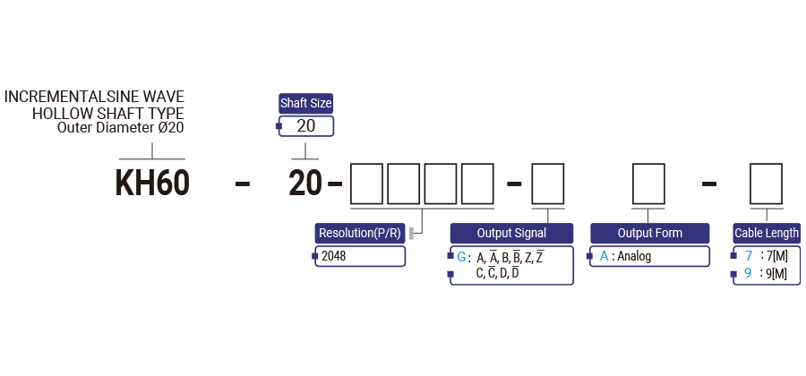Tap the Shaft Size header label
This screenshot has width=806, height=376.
pos(305,103)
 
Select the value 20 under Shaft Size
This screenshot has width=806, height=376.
pos(305,125)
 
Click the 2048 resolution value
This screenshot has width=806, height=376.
pos(334,256)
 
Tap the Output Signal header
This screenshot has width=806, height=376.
pos(511,234)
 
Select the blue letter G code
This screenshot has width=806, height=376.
pos(462,257)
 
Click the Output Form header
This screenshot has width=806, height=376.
pos(649,234)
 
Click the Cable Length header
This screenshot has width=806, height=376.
pos(767,234)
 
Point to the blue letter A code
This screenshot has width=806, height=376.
pos(604,257)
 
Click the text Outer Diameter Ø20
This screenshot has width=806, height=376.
pos(120,128)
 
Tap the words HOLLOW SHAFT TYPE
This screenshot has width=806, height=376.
pos(108,114)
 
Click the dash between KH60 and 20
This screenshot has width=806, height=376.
pos(242,184)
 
